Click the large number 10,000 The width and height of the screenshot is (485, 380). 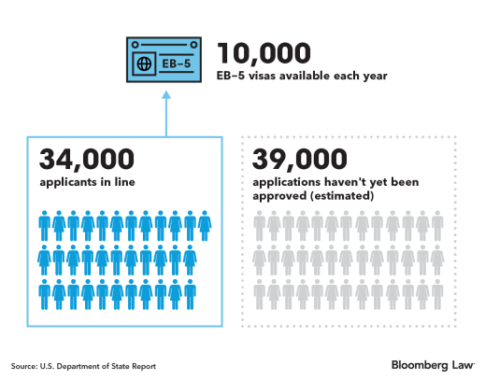click(x=264, y=53)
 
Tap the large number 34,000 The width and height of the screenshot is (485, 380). click(x=87, y=160)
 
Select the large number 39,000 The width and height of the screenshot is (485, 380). click(x=300, y=160)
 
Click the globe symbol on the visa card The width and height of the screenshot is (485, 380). click(x=144, y=63)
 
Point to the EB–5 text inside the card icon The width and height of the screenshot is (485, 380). click(x=177, y=63)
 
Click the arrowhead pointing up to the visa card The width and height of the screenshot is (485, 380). click(x=166, y=94)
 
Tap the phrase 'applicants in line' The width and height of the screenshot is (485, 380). click(x=87, y=182)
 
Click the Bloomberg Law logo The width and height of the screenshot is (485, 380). click(x=433, y=365)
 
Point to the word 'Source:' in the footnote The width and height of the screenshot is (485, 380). click(x=23, y=366)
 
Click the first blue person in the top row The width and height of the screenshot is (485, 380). click(x=44, y=226)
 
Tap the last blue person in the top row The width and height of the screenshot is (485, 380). click(x=205, y=226)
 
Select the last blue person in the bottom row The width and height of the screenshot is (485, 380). click(x=190, y=294)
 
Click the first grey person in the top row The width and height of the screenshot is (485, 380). click(x=260, y=226)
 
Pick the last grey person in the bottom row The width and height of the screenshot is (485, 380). click(x=437, y=294)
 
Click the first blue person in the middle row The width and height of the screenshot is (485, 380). click(x=44, y=260)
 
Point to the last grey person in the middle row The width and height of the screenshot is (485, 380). click(x=437, y=260)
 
